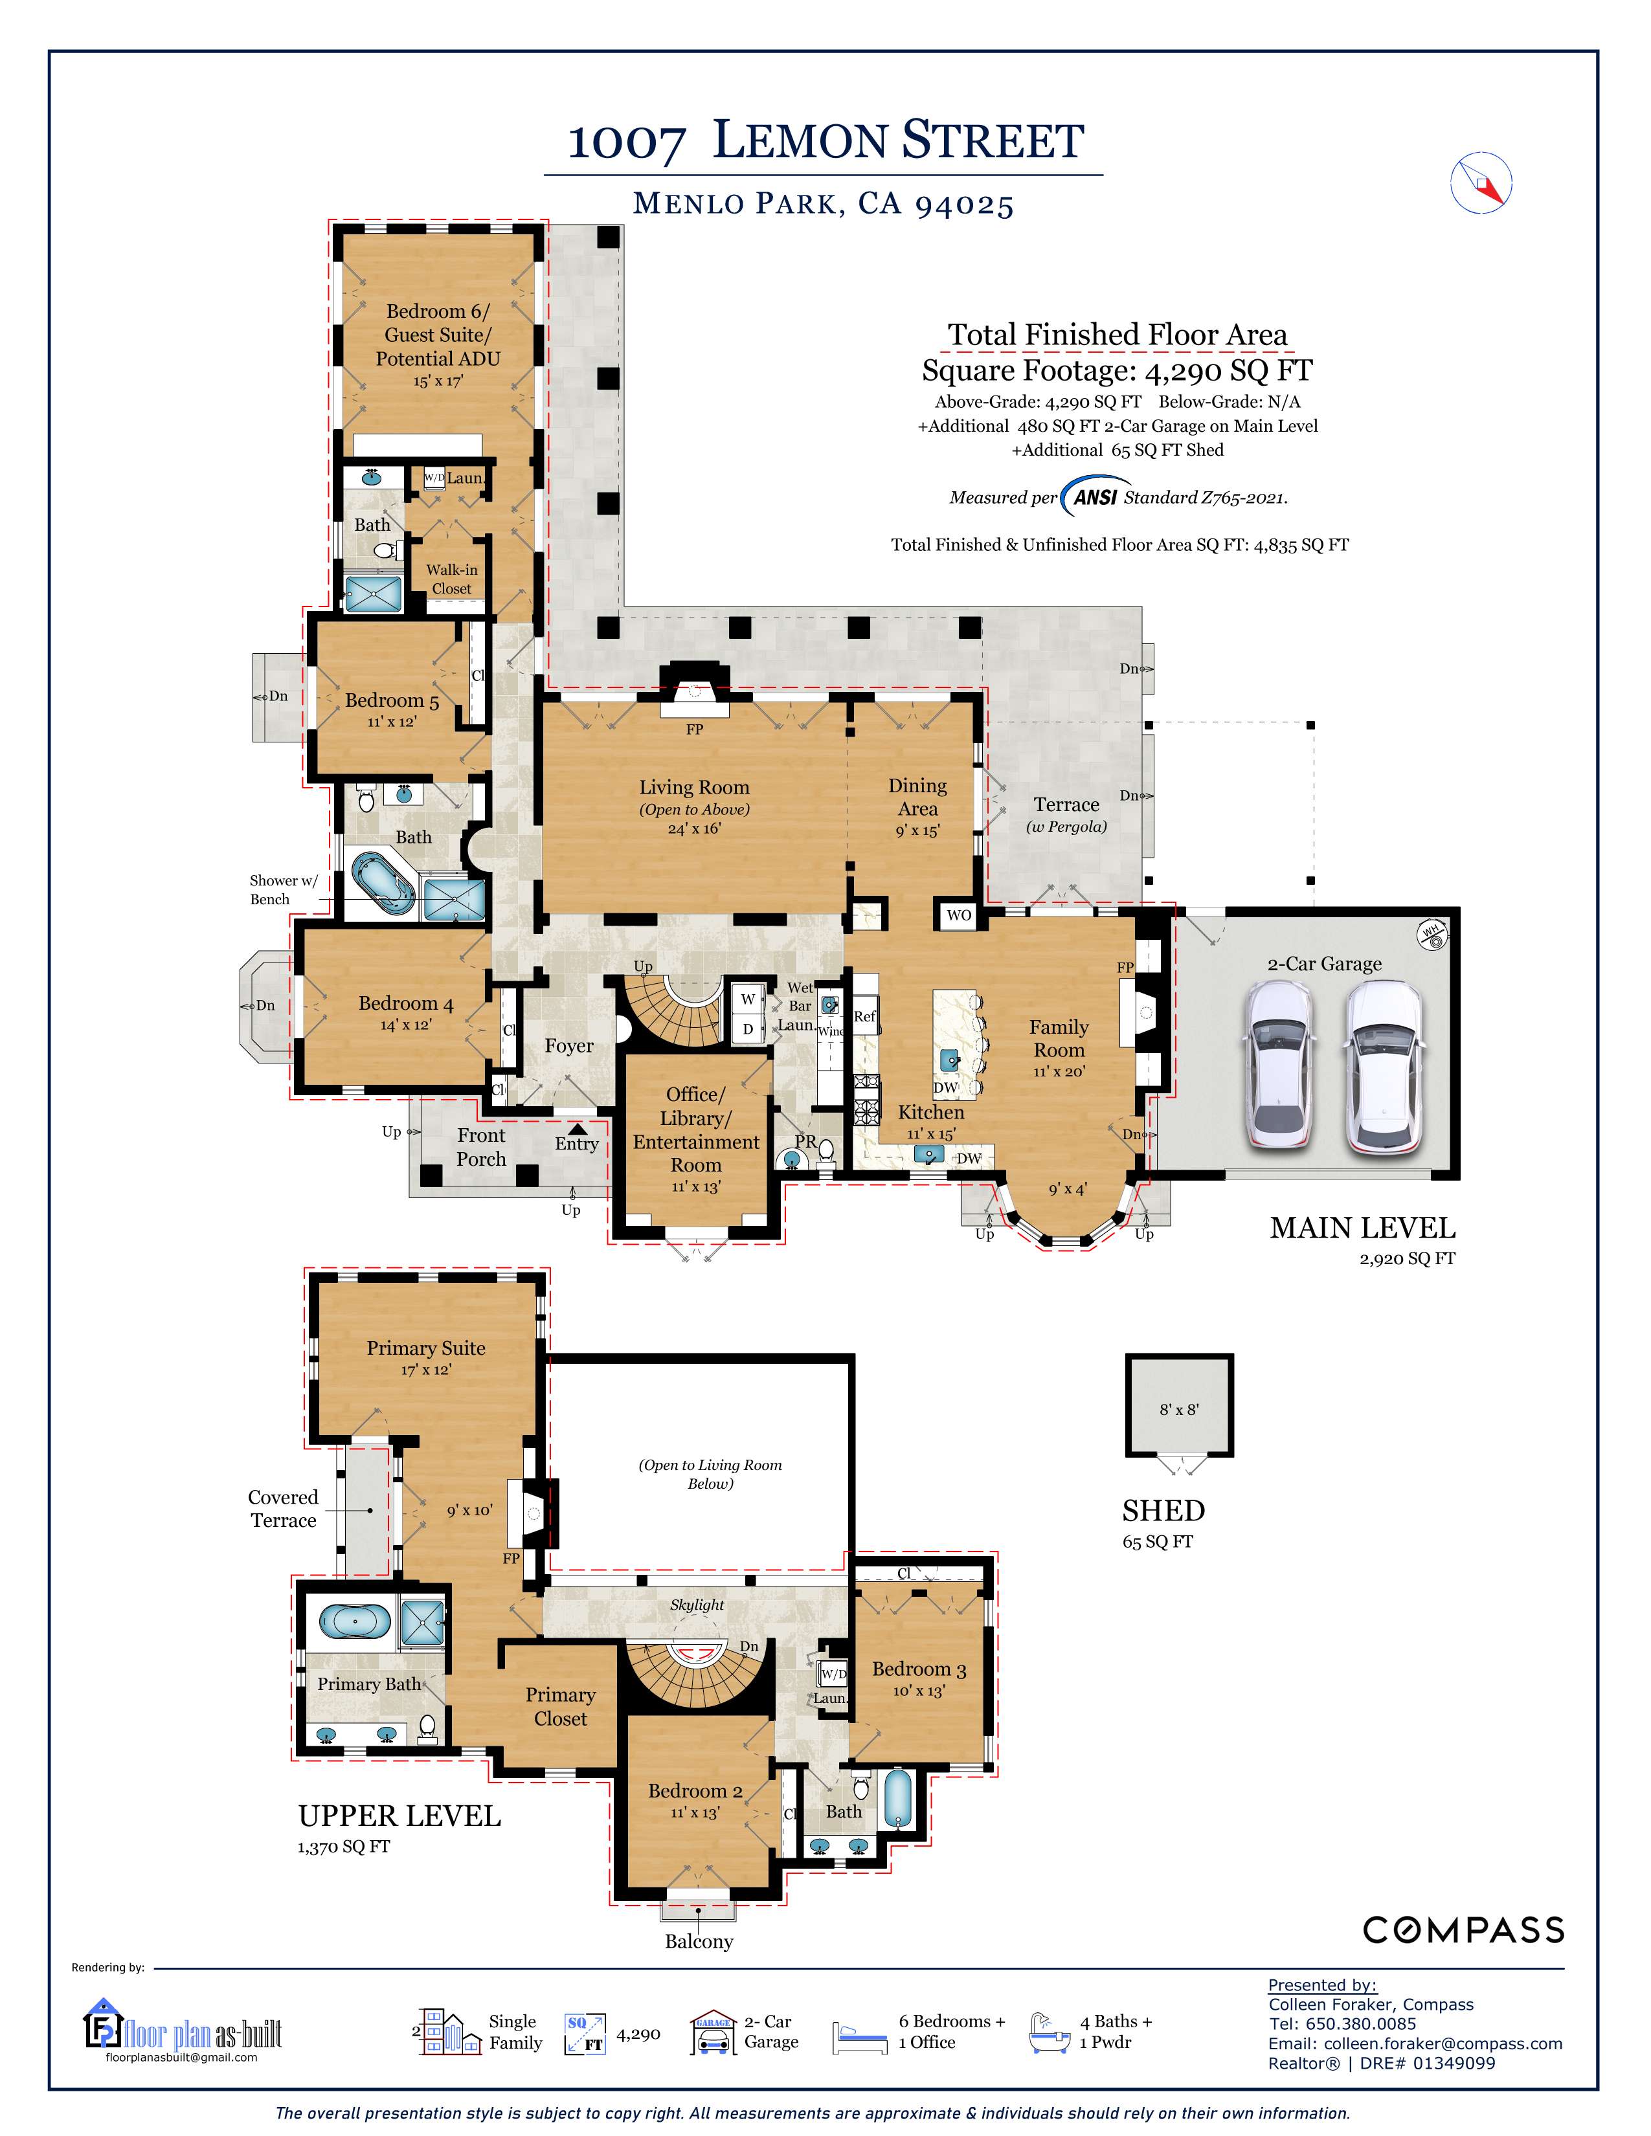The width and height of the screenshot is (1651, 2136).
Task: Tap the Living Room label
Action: [695, 787]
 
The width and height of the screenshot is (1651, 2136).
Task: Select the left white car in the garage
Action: [1280, 1067]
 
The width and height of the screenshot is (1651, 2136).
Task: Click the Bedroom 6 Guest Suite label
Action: [437, 335]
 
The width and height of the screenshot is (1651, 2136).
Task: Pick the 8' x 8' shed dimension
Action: [1178, 1409]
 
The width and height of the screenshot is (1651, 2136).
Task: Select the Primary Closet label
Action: [561, 1707]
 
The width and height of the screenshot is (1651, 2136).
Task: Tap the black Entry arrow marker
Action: [579, 1129]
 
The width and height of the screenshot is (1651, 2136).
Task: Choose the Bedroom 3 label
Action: [919, 1669]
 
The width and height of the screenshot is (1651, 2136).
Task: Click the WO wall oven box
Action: [958, 915]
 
